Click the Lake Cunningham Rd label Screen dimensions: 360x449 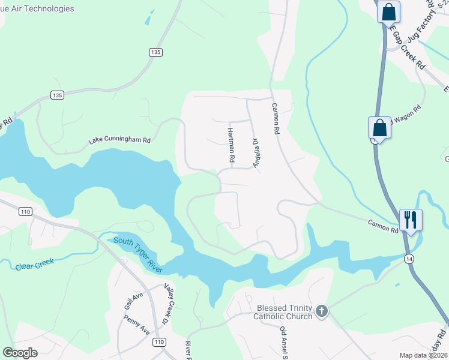pyautogui.click(x=119, y=140)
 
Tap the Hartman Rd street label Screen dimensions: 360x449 pyautogui.click(x=231, y=145)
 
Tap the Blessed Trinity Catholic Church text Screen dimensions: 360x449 pyautogui.click(x=285, y=312)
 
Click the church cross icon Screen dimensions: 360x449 pyautogui.click(x=322, y=311)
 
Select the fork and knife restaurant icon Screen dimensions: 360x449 pyautogui.click(x=411, y=219)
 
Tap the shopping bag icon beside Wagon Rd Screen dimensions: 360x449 pyautogui.click(x=379, y=128)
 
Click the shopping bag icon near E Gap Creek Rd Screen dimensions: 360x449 pyautogui.click(x=388, y=11)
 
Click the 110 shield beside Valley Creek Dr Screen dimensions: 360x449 pyautogui.click(x=158, y=342)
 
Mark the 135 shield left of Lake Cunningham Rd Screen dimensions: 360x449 pyautogui.click(x=57, y=95)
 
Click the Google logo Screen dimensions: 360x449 pyautogui.click(x=20, y=353)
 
